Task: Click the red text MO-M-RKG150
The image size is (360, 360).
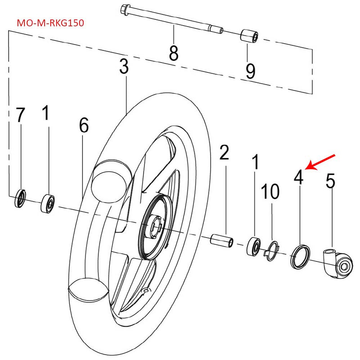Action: click(50, 22)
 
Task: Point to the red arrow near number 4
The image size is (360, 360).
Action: click(320, 162)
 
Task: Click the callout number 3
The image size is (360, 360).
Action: click(124, 68)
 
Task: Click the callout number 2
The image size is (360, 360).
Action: click(224, 153)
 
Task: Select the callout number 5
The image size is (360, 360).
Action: click(330, 181)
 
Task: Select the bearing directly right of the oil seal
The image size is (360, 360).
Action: click(47, 202)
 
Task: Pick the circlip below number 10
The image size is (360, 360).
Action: click(271, 250)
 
